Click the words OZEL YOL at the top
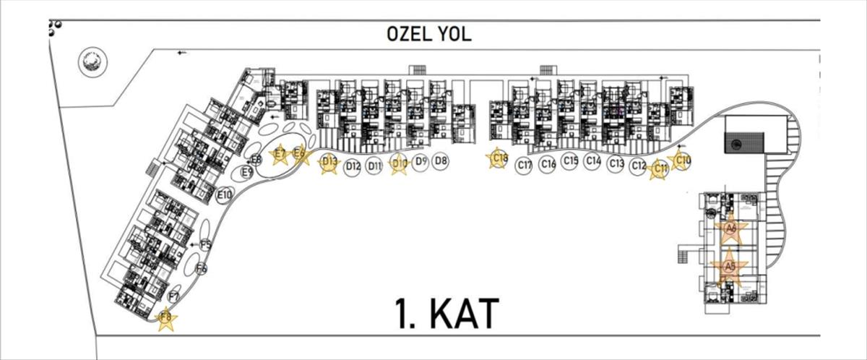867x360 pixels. click(x=428, y=34)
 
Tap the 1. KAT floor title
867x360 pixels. click(x=447, y=314)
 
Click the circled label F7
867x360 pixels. click(x=174, y=296)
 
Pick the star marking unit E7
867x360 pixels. click(x=280, y=154)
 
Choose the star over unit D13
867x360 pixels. click(x=329, y=163)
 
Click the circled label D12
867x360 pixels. click(x=353, y=166)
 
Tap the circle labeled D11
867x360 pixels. click(x=374, y=167)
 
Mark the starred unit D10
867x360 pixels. click(x=399, y=164)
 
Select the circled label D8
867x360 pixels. click(x=441, y=161)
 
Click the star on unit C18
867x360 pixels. click(x=498, y=159)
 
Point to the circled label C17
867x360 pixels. click(x=525, y=166)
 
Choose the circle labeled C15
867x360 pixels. click(x=570, y=161)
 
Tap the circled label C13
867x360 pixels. click(x=616, y=164)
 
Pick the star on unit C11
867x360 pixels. click(x=658, y=169)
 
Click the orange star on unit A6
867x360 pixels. click(x=730, y=229)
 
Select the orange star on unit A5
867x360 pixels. click(x=730, y=267)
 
